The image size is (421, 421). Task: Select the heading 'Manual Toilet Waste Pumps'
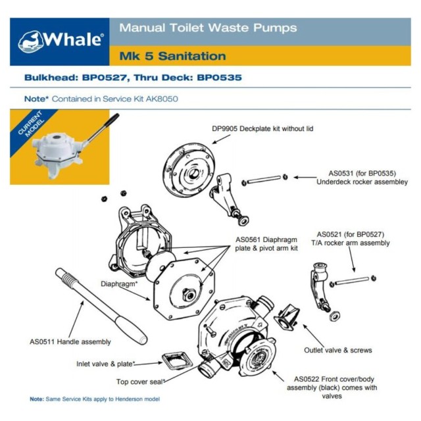click(207, 28)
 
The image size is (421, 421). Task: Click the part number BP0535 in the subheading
click(220, 78)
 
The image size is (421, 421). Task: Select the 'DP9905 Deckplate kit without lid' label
click(262, 129)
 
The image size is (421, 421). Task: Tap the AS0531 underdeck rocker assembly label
click(362, 177)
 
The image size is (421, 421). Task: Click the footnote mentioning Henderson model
click(95, 399)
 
